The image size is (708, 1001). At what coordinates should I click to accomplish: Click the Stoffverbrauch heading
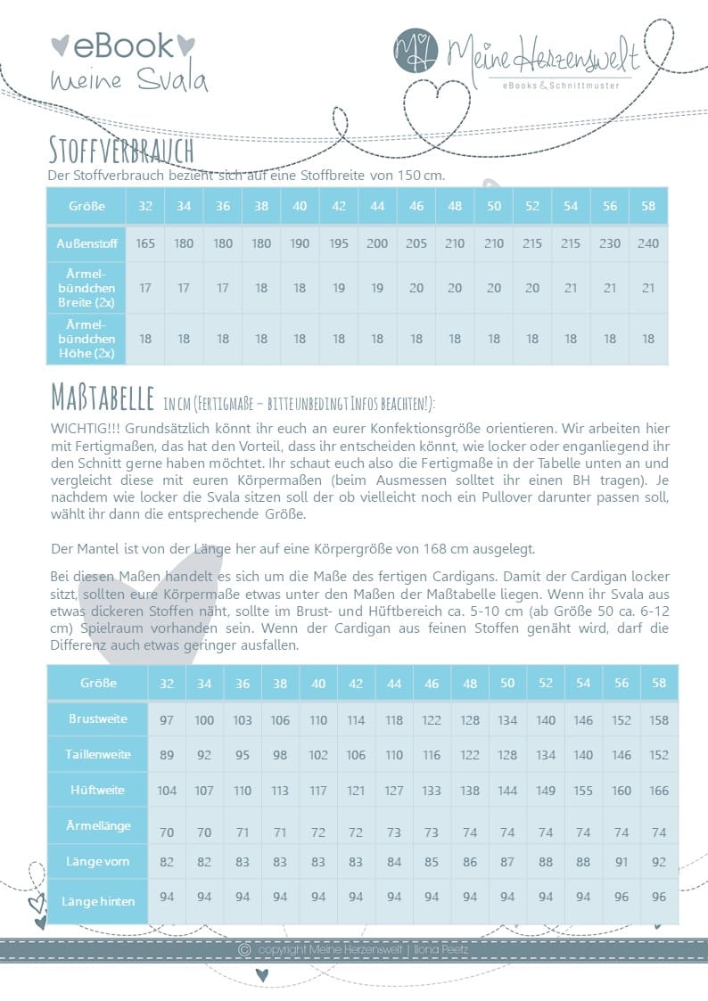[x=122, y=146]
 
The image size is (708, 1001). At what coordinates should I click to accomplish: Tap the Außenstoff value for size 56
[x=610, y=243]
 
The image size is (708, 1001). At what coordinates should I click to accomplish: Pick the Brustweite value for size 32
[x=167, y=719]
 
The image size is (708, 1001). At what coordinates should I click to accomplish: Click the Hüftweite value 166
[x=659, y=790]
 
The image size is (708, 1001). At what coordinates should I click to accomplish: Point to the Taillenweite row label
[x=97, y=754]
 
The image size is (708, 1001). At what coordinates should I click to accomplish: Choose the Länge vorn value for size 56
[x=622, y=862]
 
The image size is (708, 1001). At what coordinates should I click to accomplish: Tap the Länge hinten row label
[x=97, y=901]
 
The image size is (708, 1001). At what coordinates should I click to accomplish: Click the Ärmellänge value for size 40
[x=318, y=832]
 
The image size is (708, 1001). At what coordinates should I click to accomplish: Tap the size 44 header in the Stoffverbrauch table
[x=377, y=206]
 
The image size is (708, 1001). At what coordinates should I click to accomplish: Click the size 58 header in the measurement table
[x=659, y=682]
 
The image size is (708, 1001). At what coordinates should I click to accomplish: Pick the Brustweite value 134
[x=507, y=719]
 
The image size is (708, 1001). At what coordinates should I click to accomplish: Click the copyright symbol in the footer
[x=244, y=950]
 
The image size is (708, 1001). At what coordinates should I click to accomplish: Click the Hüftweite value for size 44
[x=394, y=790]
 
